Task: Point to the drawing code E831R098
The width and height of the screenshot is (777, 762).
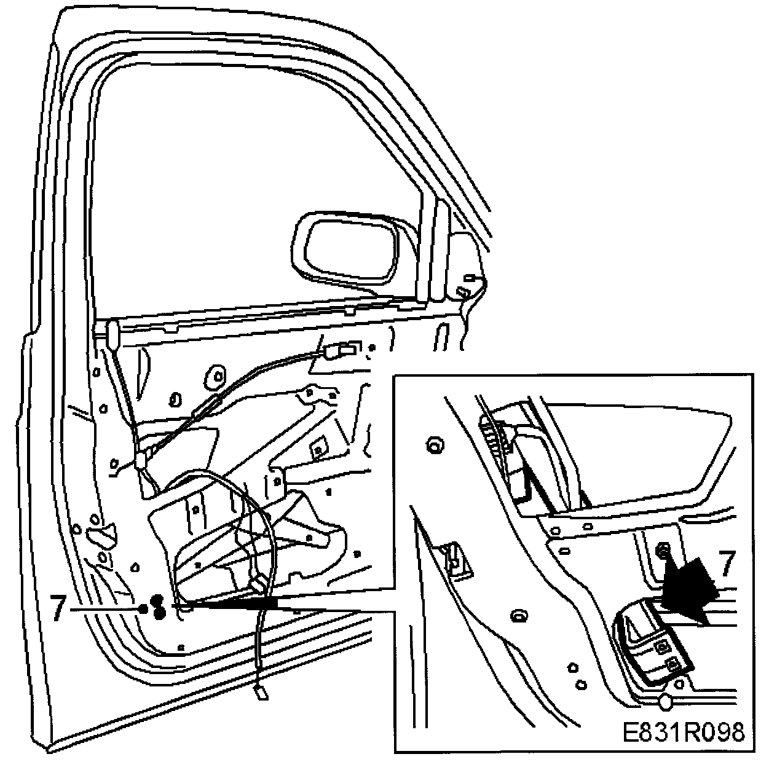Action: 683,733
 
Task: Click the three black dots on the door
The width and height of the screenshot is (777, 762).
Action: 154,607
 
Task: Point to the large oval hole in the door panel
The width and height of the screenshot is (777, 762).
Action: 217,377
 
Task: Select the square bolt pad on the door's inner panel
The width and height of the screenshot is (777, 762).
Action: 318,449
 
